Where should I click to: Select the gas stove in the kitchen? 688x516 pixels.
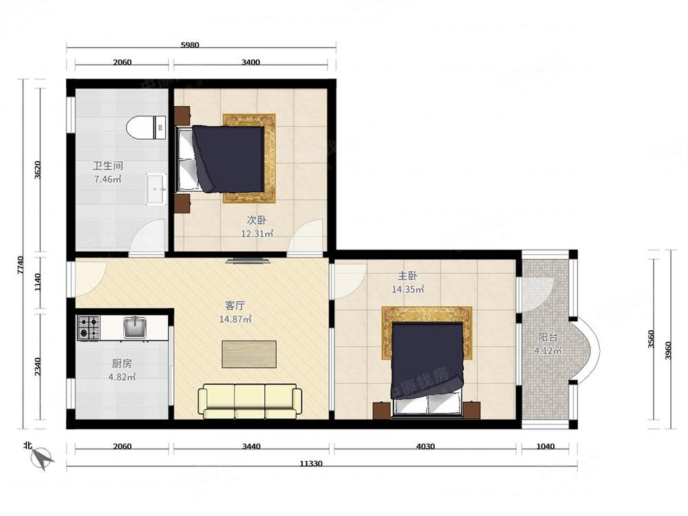89,327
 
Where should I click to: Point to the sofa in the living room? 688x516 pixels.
249,402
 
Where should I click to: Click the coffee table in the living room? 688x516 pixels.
249,354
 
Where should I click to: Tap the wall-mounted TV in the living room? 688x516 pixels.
249,261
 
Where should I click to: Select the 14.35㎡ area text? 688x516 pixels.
408,290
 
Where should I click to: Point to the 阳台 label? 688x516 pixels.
548,337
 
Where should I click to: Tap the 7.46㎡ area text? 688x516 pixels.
108,180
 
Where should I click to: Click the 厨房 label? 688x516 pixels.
122,364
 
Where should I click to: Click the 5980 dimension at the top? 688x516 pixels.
190,45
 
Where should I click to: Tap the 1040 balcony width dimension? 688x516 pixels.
545,447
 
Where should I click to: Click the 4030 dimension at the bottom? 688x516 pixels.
425,447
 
